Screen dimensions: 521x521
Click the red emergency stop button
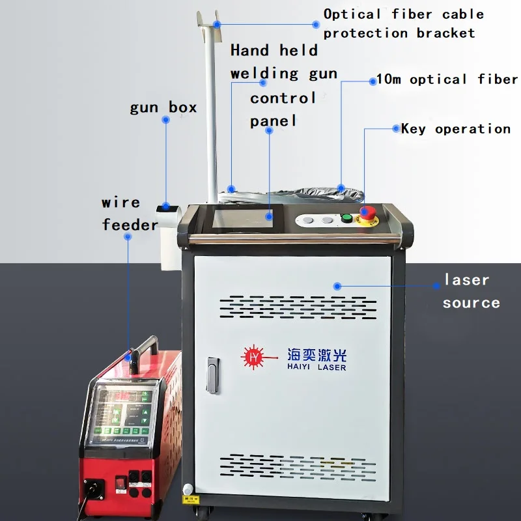367,213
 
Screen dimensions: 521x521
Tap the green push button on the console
347,218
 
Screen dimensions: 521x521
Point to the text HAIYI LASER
317,367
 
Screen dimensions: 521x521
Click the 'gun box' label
163,107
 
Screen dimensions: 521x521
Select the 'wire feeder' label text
130,214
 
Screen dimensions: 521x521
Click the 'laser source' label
471,291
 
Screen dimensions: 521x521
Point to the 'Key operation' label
455,129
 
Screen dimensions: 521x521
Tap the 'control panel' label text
283,109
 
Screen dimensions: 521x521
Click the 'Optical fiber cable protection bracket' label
403,23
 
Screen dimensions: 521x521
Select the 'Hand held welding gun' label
283,62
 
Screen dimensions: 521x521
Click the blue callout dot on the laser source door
337,285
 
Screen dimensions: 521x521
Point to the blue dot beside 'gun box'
166,120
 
